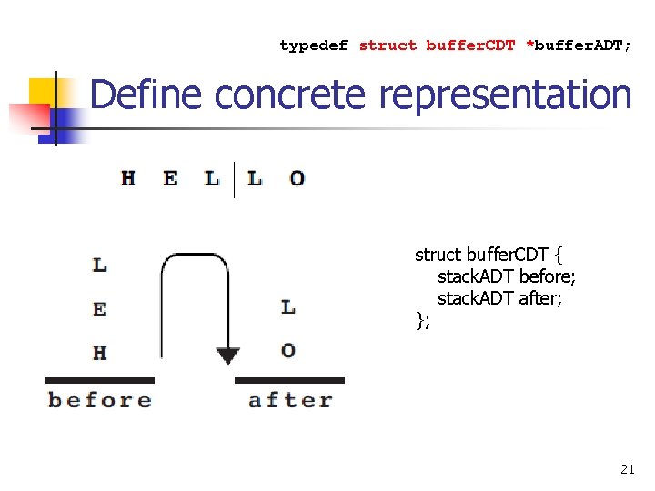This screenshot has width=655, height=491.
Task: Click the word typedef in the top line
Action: pyautogui.click(x=314, y=45)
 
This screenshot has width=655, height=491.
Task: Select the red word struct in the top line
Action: pyautogui.click(x=388, y=45)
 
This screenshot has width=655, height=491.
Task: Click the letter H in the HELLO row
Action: pyautogui.click(x=128, y=179)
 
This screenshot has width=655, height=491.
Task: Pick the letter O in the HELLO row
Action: pyautogui.click(x=297, y=179)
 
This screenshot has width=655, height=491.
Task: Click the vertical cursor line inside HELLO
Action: pyautogui.click(x=235, y=180)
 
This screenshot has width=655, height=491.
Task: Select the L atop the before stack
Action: pyautogui.click(x=99, y=266)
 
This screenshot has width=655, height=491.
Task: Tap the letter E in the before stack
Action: pyautogui.click(x=99, y=309)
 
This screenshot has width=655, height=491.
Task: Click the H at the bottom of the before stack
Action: pyautogui.click(x=99, y=352)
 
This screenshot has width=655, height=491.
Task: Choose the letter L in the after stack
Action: pyautogui.click(x=288, y=307)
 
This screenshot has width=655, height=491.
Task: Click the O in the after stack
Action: pyautogui.click(x=288, y=350)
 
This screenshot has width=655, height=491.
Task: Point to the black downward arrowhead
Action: pyautogui.click(x=227, y=354)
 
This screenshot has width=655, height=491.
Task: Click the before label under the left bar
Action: pyautogui.click(x=99, y=400)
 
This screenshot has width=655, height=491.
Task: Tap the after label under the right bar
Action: pyautogui.click(x=290, y=400)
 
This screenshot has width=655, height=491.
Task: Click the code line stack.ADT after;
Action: pyautogui.click(x=499, y=298)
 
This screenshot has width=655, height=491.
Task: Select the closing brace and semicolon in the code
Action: pyautogui.click(x=422, y=319)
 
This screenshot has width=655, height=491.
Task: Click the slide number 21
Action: pyautogui.click(x=627, y=469)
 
